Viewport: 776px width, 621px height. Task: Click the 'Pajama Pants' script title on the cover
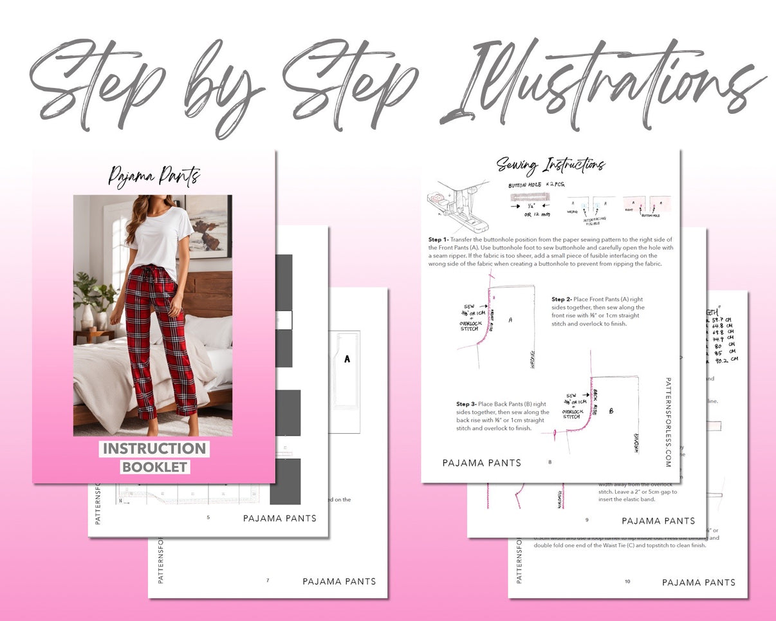[154, 176]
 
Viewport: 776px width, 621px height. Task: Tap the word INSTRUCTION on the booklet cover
[154, 449]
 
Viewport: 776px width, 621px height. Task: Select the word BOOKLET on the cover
[154, 467]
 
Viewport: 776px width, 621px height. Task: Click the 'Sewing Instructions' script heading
[550, 165]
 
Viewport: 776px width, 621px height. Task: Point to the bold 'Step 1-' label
[439, 239]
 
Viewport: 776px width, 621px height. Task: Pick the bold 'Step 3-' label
[468, 404]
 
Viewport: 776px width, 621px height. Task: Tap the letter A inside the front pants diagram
[510, 319]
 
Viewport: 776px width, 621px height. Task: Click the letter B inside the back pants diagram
[611, 410]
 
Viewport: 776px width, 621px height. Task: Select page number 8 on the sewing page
[550, 462]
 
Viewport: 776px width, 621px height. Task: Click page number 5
[208, 517]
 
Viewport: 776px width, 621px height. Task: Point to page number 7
[268, 580]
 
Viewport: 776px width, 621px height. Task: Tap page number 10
[627, 581]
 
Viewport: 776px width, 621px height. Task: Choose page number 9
[586, 520]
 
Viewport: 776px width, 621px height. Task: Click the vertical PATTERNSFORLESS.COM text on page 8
[668, 422]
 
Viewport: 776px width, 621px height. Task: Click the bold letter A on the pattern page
[347, 359]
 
